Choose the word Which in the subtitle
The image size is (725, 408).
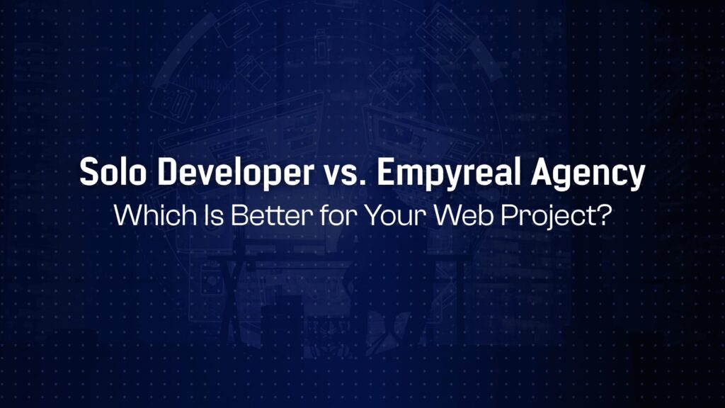146,214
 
